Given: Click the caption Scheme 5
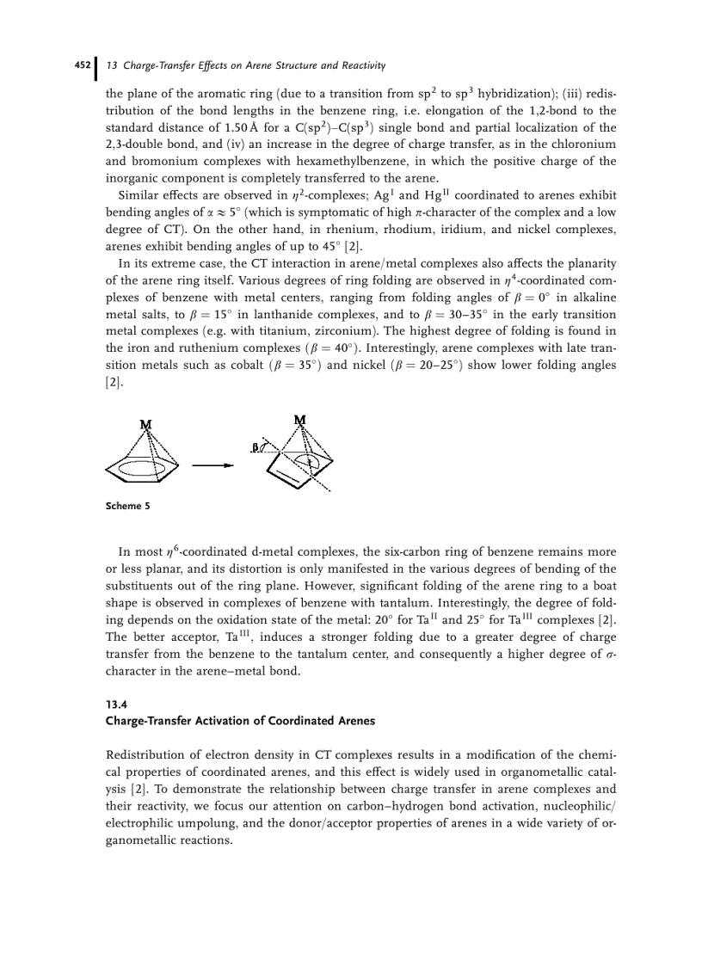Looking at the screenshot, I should (x=127, y=506).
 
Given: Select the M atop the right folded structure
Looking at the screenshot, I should (x=299, y=419).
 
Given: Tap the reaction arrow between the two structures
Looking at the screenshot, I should (x=212, y=466).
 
